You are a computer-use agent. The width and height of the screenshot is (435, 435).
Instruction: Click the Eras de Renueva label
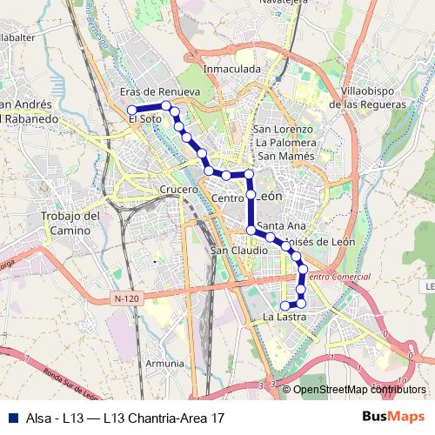point(160,91)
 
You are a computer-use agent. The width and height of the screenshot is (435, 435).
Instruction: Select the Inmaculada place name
point(231,68)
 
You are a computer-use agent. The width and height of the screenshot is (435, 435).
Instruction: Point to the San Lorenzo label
point(282,130)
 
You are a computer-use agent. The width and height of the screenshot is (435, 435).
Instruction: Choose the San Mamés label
point(284,156)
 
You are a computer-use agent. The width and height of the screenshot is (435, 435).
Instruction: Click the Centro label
point(226,199)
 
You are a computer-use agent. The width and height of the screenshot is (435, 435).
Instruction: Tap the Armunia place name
point(164,364)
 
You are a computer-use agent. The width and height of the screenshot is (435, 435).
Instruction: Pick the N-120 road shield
point(125,298)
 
